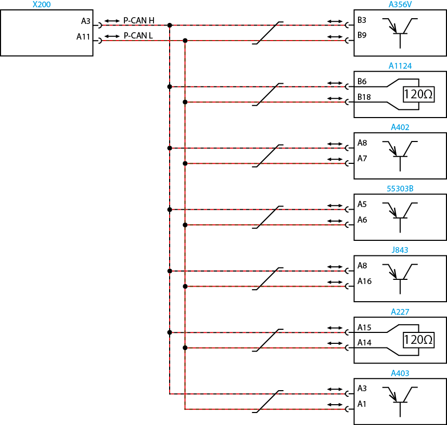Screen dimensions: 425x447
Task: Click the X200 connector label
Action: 42,5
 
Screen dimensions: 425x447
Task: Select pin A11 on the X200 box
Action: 83,37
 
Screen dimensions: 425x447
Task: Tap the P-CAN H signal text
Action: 139,21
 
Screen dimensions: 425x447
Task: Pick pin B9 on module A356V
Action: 362,36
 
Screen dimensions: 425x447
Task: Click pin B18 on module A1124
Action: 364,97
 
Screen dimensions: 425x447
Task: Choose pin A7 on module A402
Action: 362,159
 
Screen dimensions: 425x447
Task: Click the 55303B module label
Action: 400,189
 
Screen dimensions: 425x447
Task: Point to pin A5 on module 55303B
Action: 362,204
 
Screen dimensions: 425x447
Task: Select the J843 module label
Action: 400,250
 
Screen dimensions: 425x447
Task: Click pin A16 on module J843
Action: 364,281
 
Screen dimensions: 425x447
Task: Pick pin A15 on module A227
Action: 364,327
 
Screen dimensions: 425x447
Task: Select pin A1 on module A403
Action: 362,404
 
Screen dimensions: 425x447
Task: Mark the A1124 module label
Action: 400,66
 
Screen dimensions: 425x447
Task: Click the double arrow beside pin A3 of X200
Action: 112,21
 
